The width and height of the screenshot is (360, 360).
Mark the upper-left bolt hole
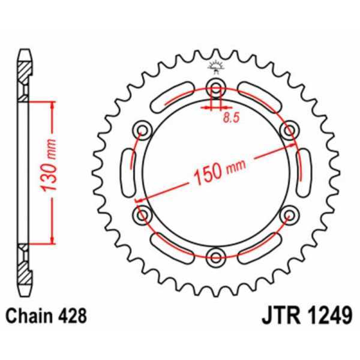point(143,130)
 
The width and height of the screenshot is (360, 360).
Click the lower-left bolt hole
point(143,215)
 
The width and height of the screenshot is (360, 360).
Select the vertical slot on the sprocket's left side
point(128,172)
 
